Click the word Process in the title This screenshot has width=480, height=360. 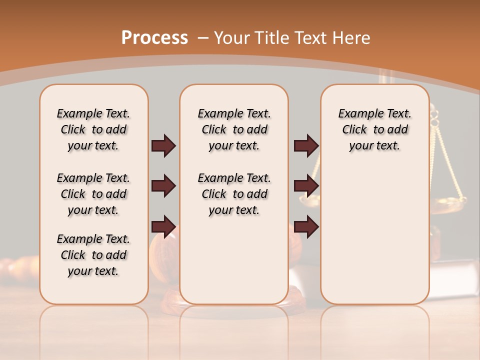(x=154, y=38)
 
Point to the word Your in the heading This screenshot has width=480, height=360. (x=231, y=38)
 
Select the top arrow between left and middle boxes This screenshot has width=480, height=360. (x=163, y=146)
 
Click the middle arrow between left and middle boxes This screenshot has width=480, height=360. (x=163, y=186)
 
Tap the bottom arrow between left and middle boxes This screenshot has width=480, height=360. (x=163, y=226)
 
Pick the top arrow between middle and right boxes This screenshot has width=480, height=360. (x=306, y=146)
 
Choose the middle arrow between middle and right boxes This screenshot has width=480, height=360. (x=306, y=186)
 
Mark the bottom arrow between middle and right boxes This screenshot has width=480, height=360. (x=306, y=226)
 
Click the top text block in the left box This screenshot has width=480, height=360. (x=93, y=129)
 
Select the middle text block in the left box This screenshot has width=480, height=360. (x=93, y=194)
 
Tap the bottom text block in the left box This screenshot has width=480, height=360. (x=93, y=255)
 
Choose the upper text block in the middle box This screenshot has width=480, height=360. (x=234, y=129)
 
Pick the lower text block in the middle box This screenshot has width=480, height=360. (x=234, y=194)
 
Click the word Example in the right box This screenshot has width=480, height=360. (x=357, y=114)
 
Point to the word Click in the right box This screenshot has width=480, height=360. (x=354, y=130)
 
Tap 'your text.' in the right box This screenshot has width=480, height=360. (x=374, y=146)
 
